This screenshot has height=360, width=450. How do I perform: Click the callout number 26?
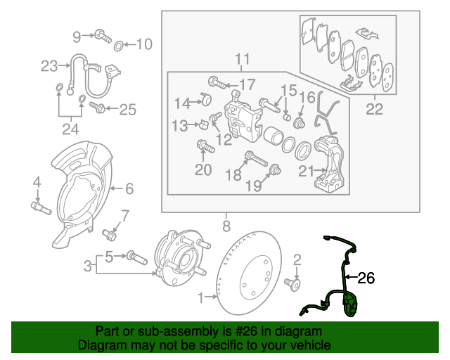coord(366,278)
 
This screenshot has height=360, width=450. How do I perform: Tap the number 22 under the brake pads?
coord(374,109)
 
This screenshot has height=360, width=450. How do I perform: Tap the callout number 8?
coord(226,226)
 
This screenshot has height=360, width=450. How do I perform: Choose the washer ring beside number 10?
coord(120,46)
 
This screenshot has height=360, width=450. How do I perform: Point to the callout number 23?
coord(49,67)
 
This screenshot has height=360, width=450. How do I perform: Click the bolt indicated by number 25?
coord(98,108)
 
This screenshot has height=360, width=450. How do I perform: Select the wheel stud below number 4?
coord(39,207)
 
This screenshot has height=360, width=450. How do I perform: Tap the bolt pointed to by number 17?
coord(216,83)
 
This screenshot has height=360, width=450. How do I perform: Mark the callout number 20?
coord(202,169)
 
